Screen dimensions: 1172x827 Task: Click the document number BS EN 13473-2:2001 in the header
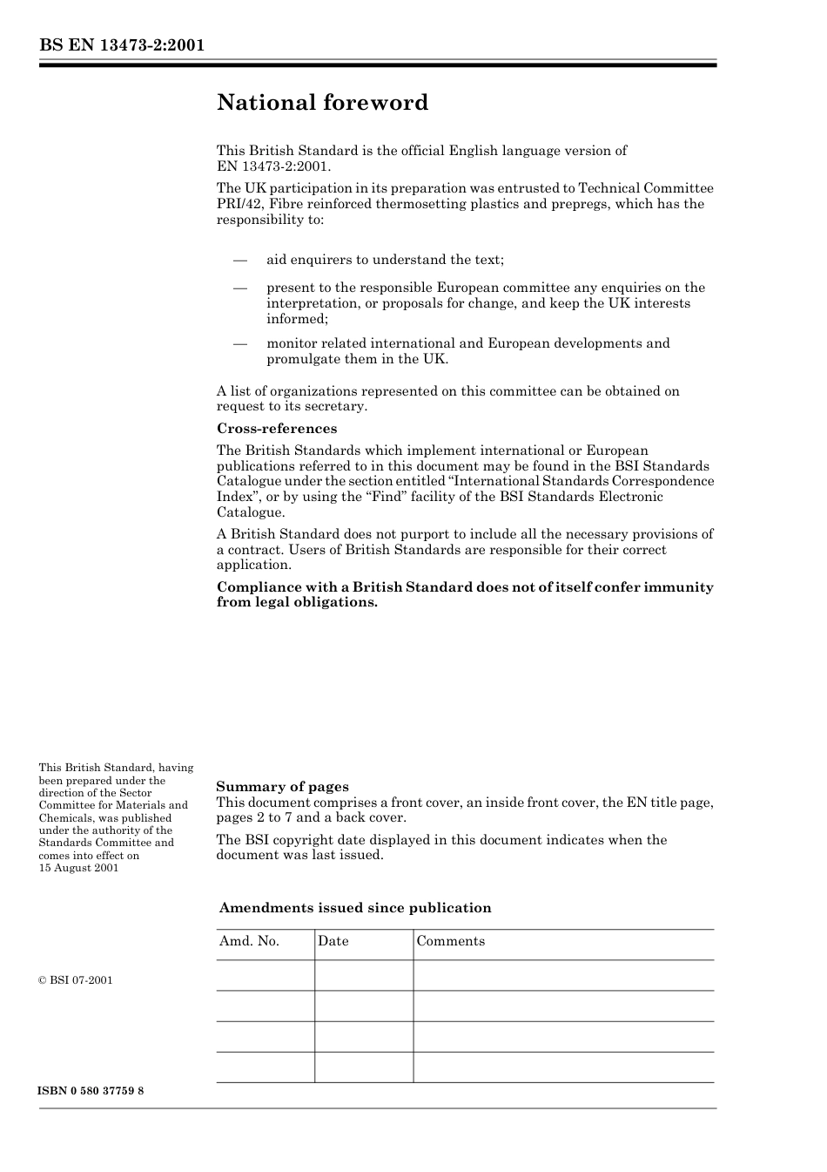(122, 45)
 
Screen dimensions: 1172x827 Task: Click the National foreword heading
(322, 103)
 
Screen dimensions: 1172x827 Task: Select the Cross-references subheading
(276, 429)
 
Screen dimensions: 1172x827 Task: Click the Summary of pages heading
(282, 787)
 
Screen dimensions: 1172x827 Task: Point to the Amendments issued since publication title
(354, 908)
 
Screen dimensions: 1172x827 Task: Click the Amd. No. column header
(249, 941)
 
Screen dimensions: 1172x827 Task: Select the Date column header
(333, 941)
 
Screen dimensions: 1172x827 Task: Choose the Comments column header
(450, 941)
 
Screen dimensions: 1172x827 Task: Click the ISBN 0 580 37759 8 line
(91, 1091)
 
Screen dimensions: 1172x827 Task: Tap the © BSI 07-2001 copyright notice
(76, 980)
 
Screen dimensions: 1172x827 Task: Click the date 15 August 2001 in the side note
(78, 868)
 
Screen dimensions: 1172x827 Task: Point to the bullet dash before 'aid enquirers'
(240, 260)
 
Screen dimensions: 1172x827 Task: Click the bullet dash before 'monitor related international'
(240, 343)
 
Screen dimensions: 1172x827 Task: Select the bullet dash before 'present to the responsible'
(240, 288)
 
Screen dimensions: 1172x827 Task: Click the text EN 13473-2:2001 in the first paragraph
(273, 166)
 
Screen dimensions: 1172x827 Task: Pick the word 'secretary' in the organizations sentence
(336, 406)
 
